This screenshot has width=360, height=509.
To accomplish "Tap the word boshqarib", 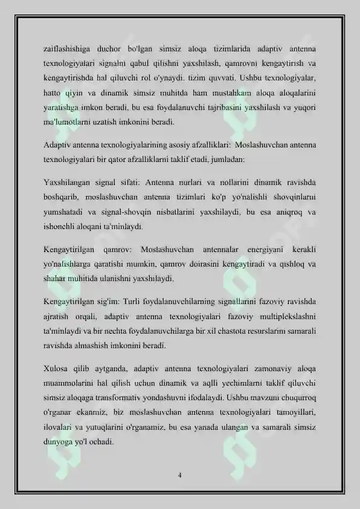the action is (62, 196).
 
